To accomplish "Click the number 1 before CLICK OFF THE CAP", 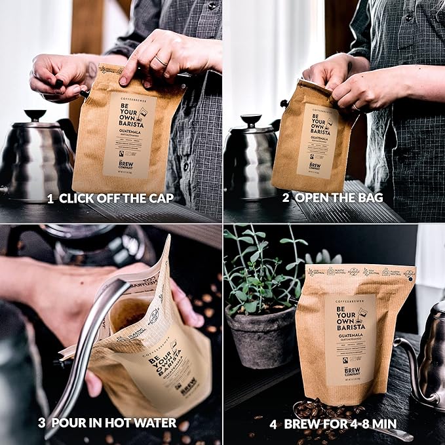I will (50, 198).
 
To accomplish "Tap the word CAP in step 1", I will (160, 198).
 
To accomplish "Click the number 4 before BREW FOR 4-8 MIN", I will (273, 423).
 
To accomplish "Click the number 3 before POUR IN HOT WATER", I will (41, 423).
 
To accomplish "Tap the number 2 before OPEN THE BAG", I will (286, 198).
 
